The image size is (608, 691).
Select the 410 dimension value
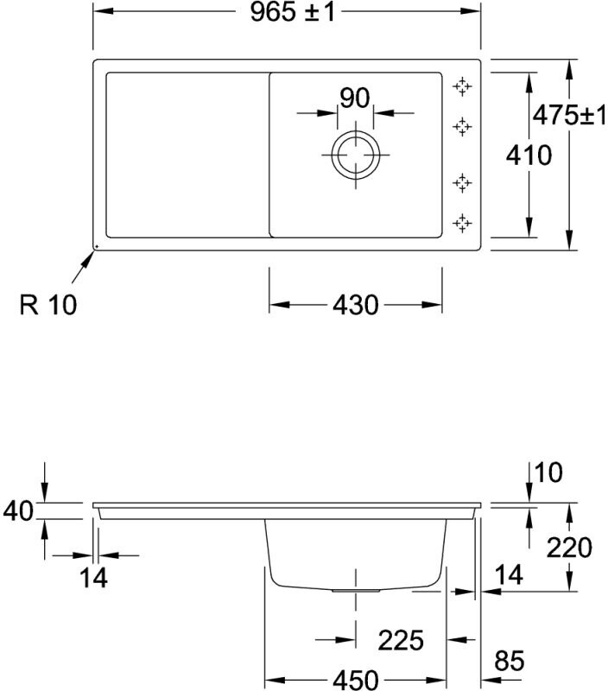pos(529,155)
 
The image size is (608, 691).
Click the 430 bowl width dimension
pos(355,305)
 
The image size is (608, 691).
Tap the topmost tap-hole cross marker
pos(463,86)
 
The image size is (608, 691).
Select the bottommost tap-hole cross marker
pos(463,223)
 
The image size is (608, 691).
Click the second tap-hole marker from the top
pos(463,126)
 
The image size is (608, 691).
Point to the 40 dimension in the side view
pos(17,510)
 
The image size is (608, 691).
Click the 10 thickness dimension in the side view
pos(548,472)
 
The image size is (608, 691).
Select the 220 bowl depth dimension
pos(569,548)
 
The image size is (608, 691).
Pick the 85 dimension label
pos(510,662)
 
